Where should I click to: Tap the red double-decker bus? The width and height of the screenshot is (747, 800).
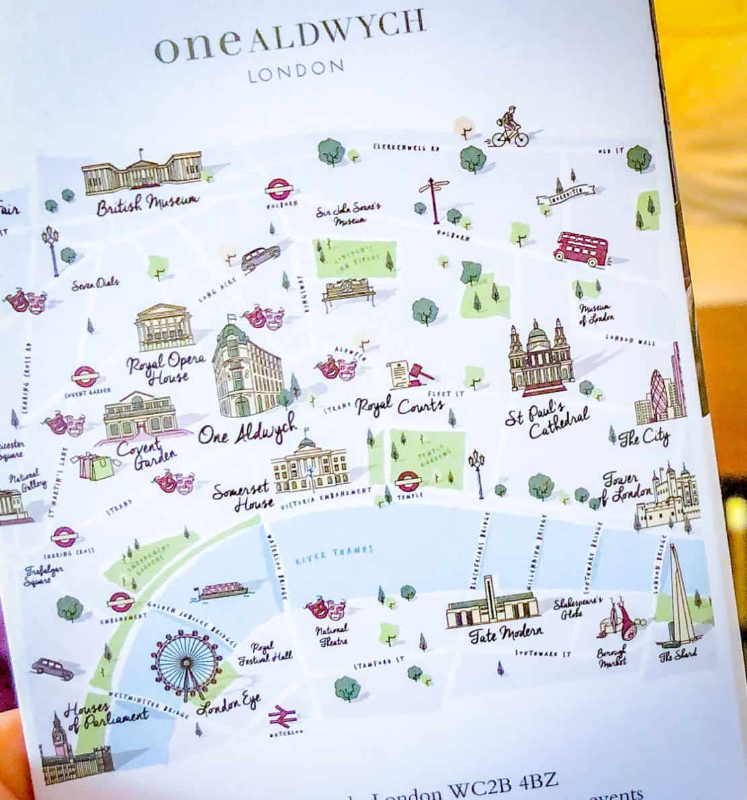click(x=580, y=247)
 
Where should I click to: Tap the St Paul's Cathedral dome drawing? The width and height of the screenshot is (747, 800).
click(x=540, y=355)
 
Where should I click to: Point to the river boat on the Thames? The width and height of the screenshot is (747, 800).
click(x=221, y=591)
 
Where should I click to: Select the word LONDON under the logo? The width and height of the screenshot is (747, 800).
click(x=297, y=71)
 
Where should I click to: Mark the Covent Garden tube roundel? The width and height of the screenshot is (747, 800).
click(x=85, y=377)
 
